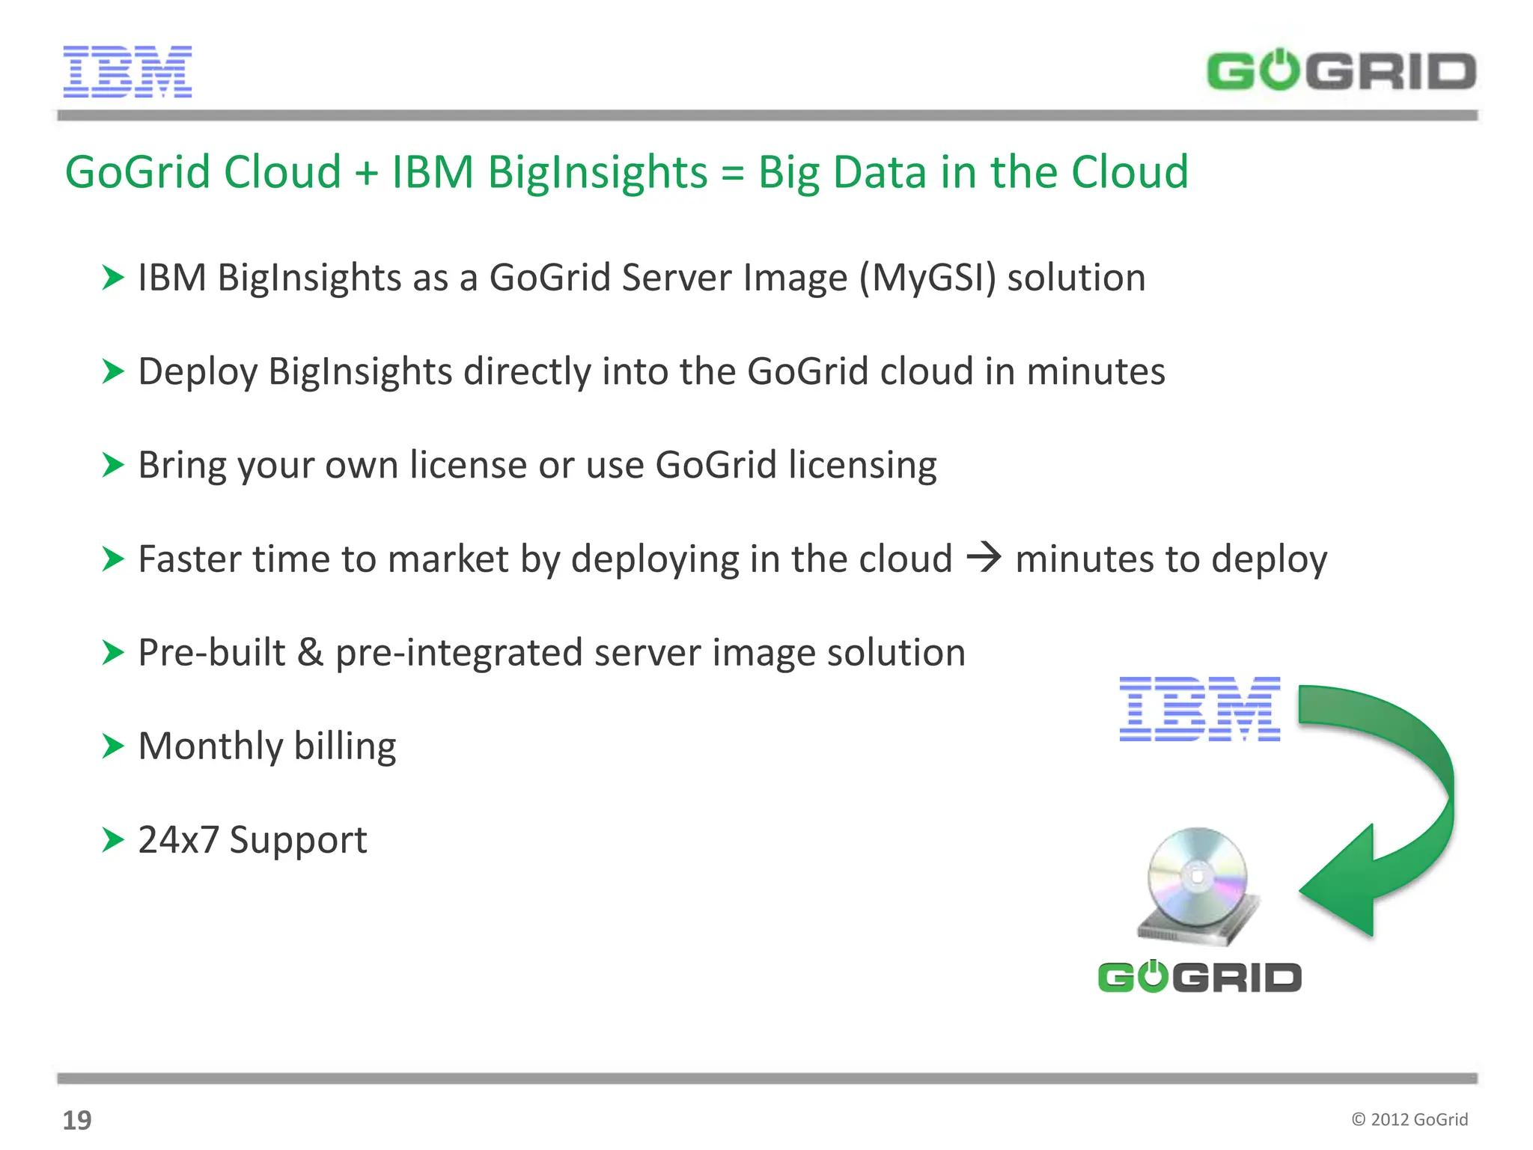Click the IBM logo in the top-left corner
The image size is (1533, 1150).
point(127,72)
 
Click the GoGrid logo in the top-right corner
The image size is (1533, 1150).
point(1341,71)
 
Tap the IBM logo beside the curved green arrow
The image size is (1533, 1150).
point(1199,709)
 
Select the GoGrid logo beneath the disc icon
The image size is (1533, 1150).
point(1199,977)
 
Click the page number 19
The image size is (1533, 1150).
point(77,1120)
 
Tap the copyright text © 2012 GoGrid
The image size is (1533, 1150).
point(1409,1119)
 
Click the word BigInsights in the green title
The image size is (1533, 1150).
point(597,173)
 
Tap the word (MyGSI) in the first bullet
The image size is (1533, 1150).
point(927,279)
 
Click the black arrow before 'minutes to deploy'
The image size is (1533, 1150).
point(984,558)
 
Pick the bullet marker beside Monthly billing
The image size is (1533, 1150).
point(112,746)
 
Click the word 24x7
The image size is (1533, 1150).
point(178,839)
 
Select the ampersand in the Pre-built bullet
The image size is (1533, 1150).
point(310,652)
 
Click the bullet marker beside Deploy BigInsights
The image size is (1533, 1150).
point(112,371)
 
